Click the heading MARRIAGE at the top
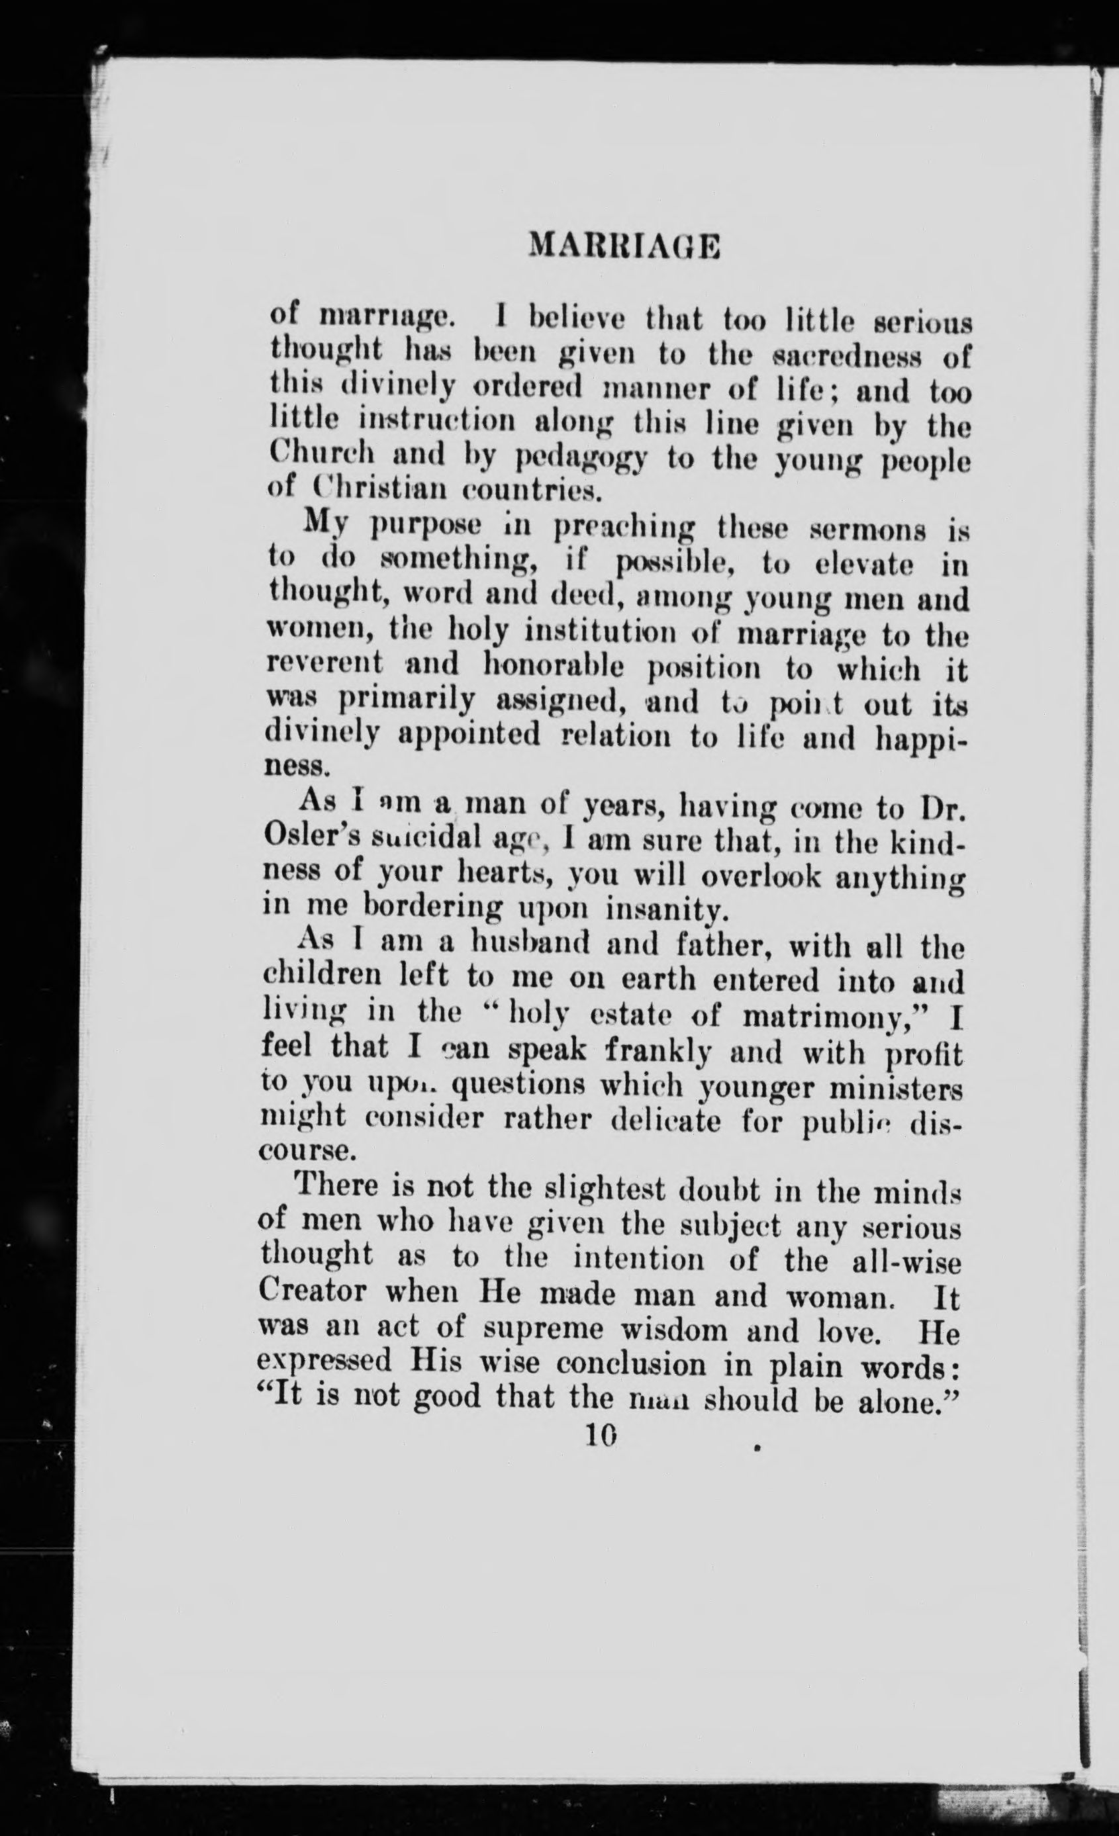[623, 246]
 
